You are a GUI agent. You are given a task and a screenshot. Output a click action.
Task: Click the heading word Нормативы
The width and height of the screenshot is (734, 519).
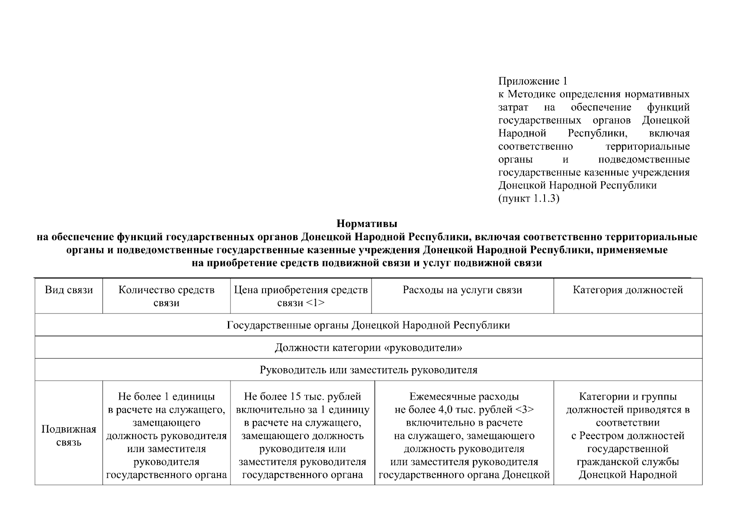tap(366, 224)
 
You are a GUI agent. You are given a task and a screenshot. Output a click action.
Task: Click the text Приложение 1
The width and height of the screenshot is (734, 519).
tap(532, 81)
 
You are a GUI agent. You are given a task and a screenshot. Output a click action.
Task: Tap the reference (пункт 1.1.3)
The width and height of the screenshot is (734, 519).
tap(529, 199)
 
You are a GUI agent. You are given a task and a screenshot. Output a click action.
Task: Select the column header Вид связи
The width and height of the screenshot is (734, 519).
tap(69, 290)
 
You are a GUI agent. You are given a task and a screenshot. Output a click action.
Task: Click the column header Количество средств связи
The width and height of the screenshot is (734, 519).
tap(167, 296)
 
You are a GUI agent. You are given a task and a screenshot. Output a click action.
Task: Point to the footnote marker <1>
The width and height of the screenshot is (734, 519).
tap(315, 303)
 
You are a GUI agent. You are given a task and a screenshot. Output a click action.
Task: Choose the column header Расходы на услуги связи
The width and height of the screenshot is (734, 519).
tap(462, 290)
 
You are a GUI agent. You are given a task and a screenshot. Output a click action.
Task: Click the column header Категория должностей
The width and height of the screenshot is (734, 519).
tap(628, 290)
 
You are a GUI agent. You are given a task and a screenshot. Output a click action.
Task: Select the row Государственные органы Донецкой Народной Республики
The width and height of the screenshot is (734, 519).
tap(368, 325)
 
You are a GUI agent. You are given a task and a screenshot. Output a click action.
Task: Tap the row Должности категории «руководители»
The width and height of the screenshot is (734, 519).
tap(368, 348)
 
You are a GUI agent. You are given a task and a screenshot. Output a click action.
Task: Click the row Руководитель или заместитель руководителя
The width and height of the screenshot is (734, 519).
tap(368, 370)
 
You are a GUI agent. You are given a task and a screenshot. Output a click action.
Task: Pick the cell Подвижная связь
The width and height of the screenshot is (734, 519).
tap(69, 436)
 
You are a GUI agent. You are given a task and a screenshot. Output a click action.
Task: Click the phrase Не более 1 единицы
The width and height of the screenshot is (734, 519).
tap(167, 397)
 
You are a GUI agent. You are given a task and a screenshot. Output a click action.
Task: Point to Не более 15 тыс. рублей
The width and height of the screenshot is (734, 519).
tap(302, 397)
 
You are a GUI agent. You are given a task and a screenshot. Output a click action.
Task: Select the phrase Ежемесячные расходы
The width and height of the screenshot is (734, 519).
tap(464, 397)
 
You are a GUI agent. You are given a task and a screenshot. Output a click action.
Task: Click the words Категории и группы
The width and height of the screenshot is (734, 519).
tap(628, 397)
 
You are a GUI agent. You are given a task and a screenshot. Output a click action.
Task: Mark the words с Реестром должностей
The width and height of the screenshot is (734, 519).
tap(628, 436)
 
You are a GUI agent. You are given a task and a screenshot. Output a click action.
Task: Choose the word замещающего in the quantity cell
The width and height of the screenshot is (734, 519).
tap(167, 423)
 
